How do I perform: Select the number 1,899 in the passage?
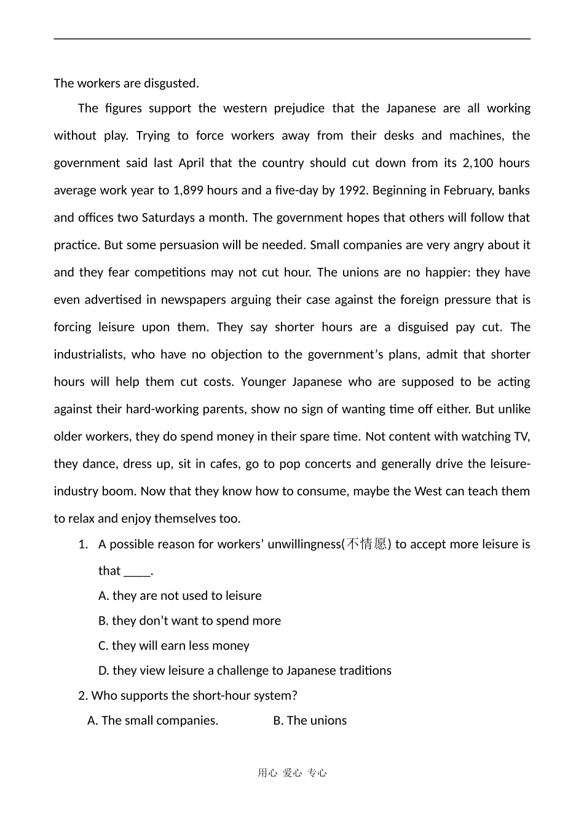[x=188, y=190]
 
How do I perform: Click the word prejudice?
[x=291, y=108]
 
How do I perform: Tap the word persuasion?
[x=189, y=245]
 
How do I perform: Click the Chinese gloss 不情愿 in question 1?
[x=366, y=544]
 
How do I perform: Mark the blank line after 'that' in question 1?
[x=137, y=571]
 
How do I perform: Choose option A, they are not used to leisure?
[x=180, y=596]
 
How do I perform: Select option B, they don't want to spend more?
[x=189, y=621]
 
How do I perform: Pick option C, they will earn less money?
[x=174, y=645]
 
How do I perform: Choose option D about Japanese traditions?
[x=245, y=671]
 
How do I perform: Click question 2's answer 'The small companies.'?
[x=153, y=720]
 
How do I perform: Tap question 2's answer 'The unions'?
[x=310, y=720]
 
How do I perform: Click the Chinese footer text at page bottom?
[x=292, y=773]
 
